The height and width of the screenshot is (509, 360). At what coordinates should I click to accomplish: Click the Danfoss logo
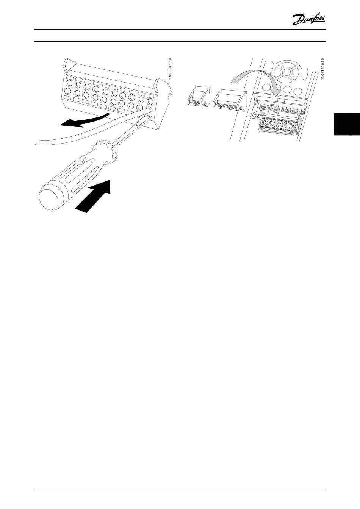click(309, 20)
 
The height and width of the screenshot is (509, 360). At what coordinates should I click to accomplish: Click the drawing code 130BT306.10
click(323, 69)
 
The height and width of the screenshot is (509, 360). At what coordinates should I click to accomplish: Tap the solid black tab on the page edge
click(347, 124)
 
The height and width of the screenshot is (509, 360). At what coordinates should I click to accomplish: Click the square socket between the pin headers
click(274, 109)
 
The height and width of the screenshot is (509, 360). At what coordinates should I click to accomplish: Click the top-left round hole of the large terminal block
click(70, 83)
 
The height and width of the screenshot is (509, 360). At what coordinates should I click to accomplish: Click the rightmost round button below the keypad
click(297, 91)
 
